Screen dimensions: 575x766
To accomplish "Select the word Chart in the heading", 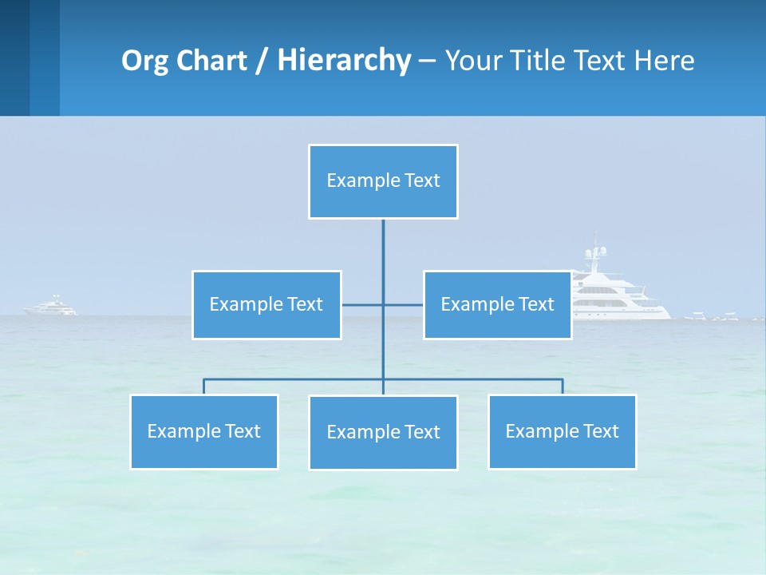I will coord(209,61).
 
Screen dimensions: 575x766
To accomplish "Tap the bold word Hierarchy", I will coord(344,61).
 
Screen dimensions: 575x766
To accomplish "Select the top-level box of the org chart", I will coord(383,181).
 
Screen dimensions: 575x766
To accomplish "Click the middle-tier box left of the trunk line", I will coord(267,304).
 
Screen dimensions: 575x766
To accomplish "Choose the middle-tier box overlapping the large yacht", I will coord(497,304).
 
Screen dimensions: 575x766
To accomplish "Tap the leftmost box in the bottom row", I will coord(203,431).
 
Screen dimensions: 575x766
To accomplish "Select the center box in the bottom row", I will coord(383,432).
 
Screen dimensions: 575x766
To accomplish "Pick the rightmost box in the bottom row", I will coord(562,431).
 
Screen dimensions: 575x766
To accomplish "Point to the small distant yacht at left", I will coord(52,307).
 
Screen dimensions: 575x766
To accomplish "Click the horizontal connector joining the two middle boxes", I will coord(363,304).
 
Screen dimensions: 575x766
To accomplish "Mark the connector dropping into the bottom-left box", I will coord(203,387).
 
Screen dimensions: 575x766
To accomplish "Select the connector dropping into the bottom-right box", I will coord(563,387).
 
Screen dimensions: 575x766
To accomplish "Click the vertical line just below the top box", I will coord(383,240).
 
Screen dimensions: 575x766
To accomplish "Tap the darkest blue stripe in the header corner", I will coord(14,57).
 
